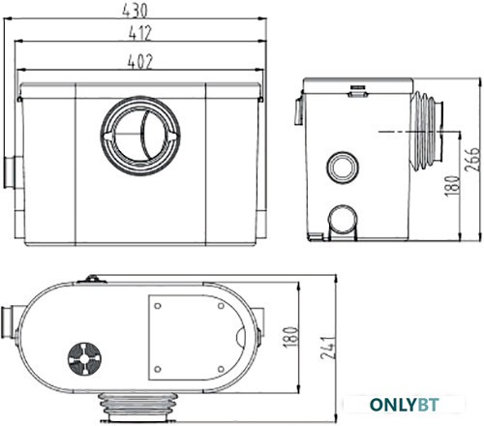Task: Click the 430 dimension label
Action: point(135,11)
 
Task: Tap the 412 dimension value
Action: point(139,33)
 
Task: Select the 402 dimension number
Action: point(139,61)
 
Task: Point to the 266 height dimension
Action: point(472,159)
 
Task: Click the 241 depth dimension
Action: point(328,348)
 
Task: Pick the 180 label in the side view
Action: point(452,186)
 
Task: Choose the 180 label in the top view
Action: point(290,337)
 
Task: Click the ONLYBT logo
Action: point(404,405)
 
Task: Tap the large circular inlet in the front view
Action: point(140,136)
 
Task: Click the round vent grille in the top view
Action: point(84,359)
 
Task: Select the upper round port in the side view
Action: point(343,167)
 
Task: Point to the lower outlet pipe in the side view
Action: point(343,223)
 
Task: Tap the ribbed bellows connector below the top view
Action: point(138,407)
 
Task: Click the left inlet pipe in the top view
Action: point(11,322)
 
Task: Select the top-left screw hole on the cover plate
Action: point(158,306)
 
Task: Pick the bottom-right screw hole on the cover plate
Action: point(221,369)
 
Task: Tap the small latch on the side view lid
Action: point(357,91)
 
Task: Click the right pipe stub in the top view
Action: point(259,322)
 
